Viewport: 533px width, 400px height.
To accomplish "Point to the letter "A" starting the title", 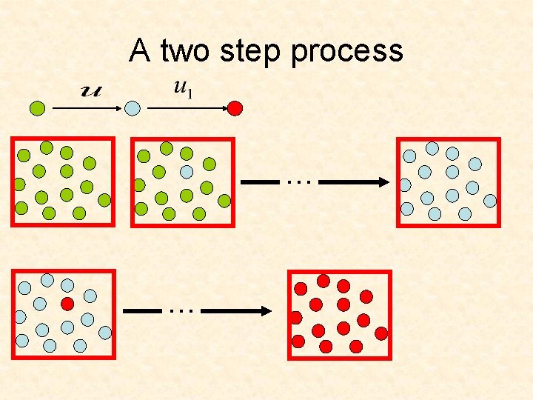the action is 140,50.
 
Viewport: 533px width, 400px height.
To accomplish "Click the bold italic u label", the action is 92,90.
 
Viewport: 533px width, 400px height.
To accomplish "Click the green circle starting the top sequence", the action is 38,108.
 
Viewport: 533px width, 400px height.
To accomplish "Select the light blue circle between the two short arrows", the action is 133,108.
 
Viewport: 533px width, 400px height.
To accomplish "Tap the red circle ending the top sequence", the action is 235,108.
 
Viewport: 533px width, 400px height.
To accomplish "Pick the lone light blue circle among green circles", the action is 187,171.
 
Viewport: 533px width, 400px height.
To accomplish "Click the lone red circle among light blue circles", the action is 67,304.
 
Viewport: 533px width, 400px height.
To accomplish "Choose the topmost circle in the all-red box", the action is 324,281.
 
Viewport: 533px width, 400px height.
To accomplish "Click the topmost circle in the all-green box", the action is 47,147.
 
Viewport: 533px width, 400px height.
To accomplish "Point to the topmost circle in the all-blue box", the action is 432,148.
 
